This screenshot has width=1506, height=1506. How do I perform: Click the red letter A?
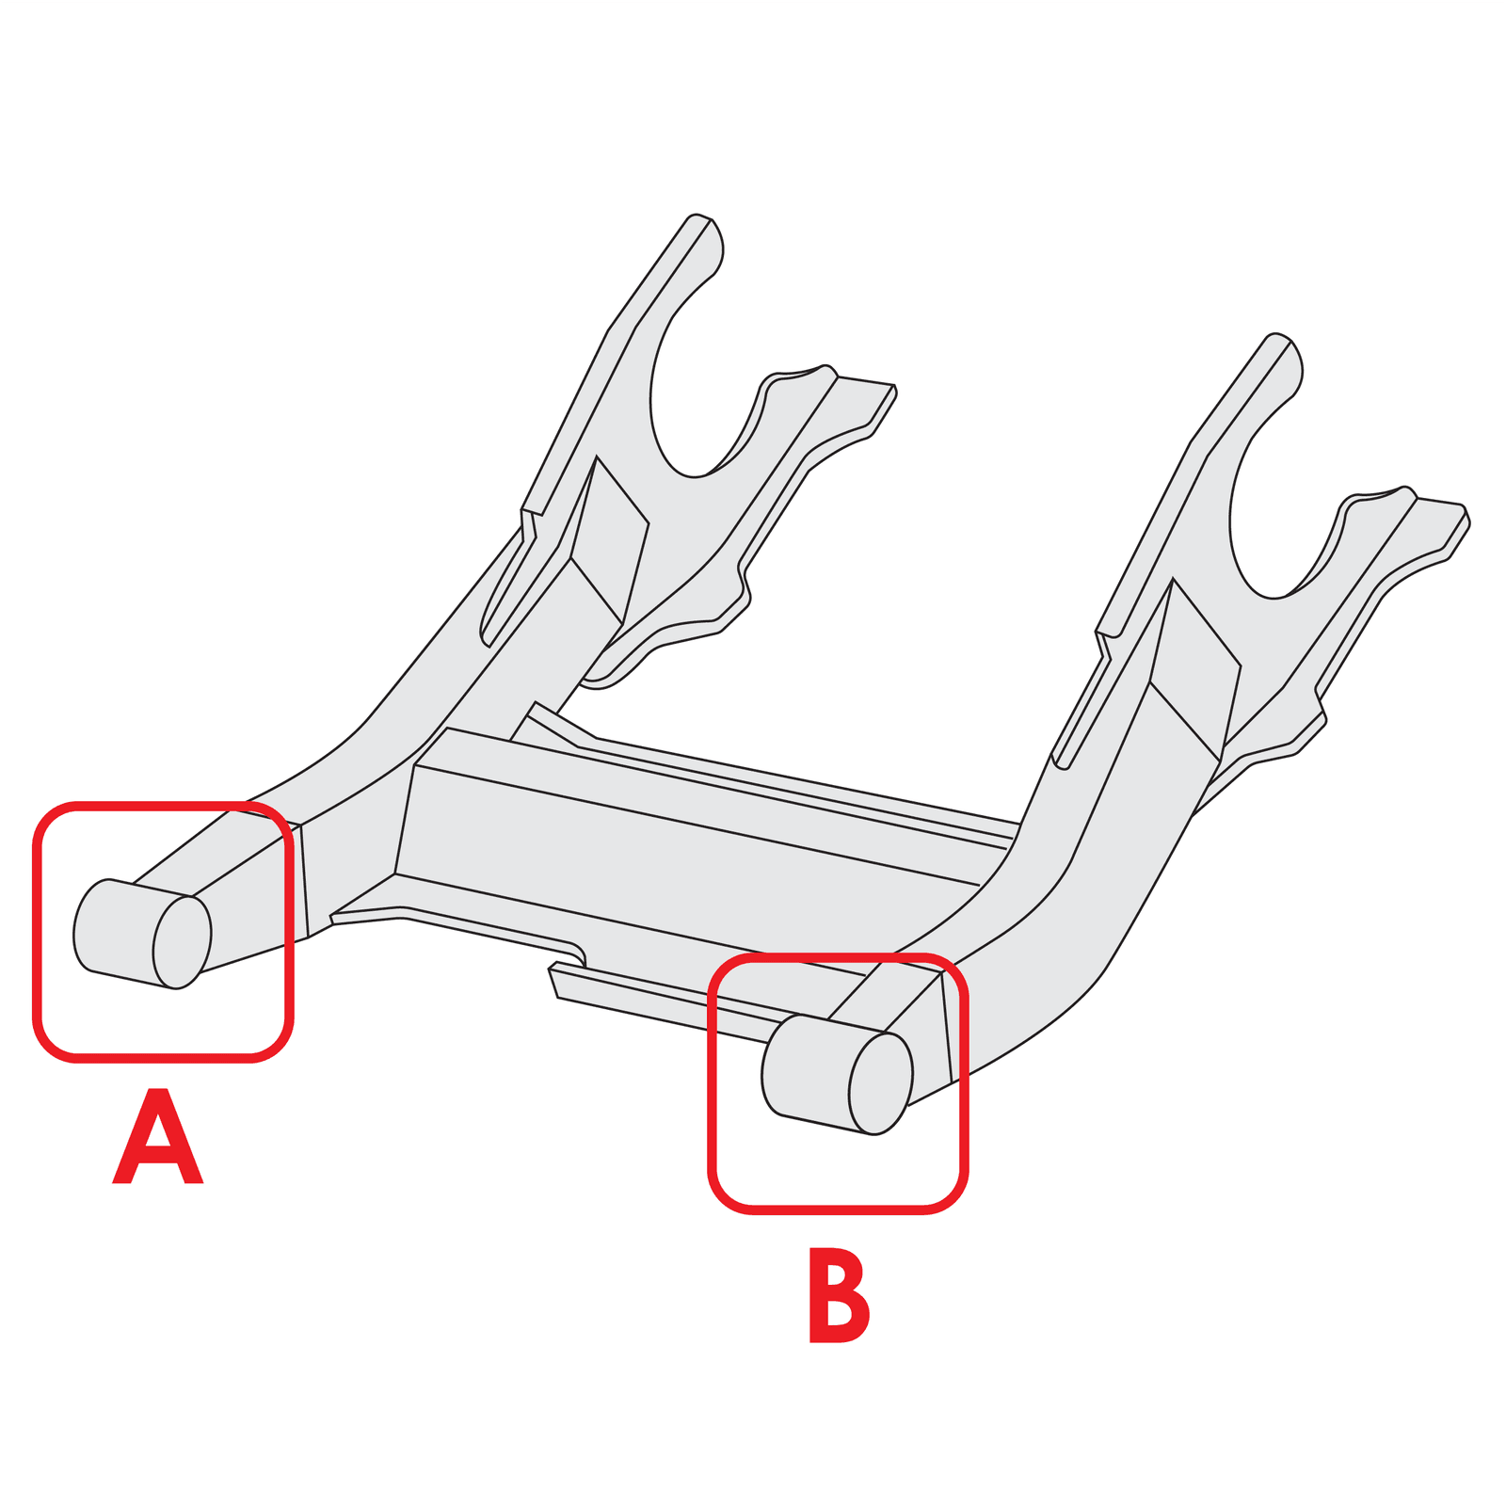coord(157,1136)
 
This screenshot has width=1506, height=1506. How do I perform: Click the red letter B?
coord(838,1295)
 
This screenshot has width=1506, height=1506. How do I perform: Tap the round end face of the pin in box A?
coord(182,942)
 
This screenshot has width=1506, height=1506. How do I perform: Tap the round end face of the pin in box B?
coord(880,1082)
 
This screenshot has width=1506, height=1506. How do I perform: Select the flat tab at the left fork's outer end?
coord(861,405)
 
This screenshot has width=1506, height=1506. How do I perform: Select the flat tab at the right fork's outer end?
coord(1438,527)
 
